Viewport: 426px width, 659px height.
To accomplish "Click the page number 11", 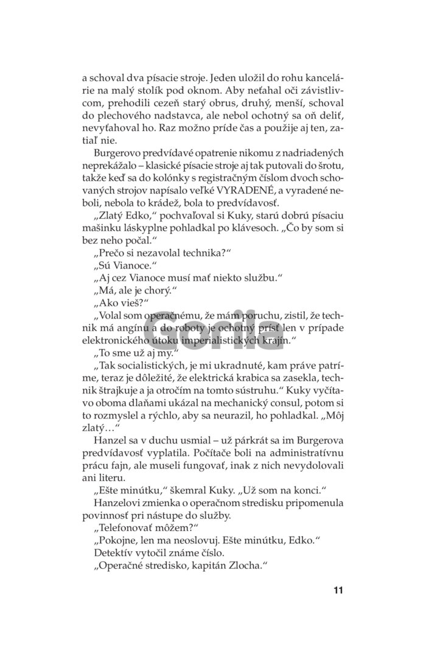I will point(339,590).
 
